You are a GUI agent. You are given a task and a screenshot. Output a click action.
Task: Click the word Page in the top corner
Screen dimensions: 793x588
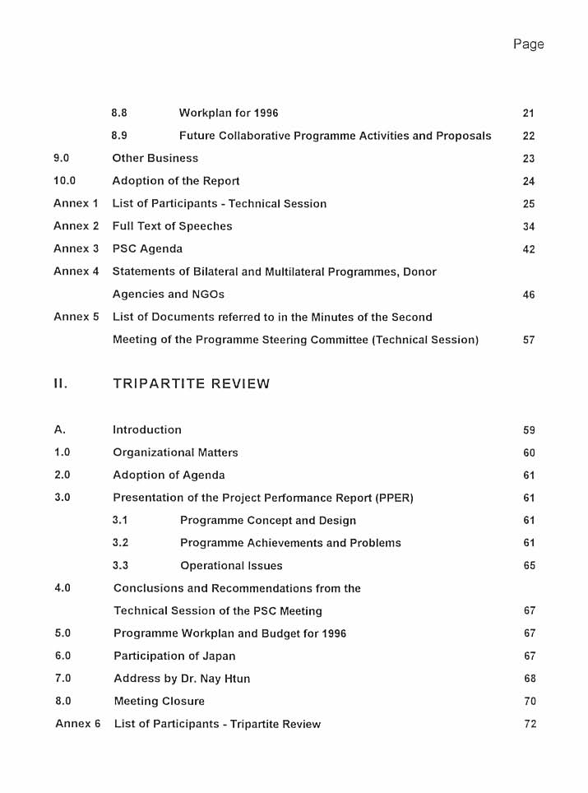[528, 44]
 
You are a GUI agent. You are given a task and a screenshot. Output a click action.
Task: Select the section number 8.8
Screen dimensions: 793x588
[119, 113]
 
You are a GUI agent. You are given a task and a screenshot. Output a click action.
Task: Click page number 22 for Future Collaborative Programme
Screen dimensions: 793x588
[529, 136]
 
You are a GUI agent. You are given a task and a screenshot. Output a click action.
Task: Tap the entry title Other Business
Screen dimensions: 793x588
[155, 158]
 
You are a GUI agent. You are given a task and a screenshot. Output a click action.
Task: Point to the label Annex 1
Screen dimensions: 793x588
[76, 203]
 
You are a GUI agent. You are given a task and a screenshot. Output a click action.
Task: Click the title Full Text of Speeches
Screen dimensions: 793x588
[172, 226]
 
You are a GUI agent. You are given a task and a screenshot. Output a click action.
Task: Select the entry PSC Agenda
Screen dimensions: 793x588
[147, 248]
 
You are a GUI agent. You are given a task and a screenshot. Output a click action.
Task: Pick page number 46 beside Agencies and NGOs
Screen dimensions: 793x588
[529, 294]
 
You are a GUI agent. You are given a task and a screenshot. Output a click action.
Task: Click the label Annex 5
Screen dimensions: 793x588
[76, 317]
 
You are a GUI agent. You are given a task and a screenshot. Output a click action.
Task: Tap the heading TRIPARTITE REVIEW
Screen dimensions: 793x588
[191, 383]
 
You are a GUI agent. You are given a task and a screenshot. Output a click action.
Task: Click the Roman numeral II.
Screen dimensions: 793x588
[60, 383]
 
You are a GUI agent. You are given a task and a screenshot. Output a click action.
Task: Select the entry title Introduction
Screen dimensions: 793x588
[147, 429]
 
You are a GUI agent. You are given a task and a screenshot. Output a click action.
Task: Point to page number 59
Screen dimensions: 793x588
[529, 430]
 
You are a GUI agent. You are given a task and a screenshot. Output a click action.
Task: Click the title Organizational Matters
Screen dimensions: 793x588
[175, 452]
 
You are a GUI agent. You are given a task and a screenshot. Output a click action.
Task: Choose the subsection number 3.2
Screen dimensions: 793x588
[120, 543]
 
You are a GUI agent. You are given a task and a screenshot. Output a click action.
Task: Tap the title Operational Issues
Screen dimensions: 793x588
[231, 566]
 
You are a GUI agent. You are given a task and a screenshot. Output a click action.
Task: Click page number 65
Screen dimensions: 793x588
[529, 566]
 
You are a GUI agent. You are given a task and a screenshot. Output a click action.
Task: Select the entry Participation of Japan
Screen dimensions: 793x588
[174, 656]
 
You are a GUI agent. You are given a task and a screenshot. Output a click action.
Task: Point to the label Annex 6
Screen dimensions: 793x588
[77, 724]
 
